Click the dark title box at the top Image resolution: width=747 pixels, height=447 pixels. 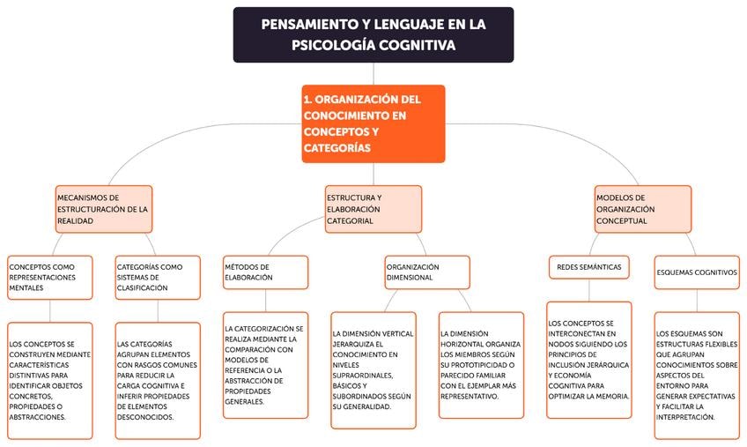pos(373,34)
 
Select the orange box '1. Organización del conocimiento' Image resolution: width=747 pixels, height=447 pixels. pos(373,123)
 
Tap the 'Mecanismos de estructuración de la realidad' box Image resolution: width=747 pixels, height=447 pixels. pos(103,209)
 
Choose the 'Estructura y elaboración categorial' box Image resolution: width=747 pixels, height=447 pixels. pos(373,209)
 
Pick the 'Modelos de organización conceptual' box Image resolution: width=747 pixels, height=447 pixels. pos(642,209)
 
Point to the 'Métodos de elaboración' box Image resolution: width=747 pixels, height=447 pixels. pos(265,272)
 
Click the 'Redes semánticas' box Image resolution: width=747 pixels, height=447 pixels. pos(588,266)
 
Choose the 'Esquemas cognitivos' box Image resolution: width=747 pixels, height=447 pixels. pos(697,272)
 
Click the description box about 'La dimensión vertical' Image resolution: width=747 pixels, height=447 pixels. pos(373,369)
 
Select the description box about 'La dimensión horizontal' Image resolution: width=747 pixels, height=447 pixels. pos(481,364)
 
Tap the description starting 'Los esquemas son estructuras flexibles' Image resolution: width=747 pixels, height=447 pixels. pos(697,374)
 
